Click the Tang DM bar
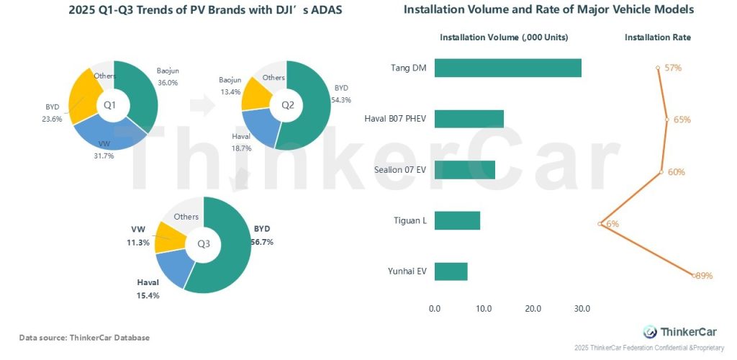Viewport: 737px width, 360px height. (x=507, y=68)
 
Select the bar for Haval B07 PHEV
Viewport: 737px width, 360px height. (x=469, y=119)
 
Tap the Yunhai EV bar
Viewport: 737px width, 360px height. (x=451, y=271)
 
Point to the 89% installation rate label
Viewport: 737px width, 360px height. (x=703, y=276)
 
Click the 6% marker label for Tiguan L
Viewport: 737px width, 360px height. (x=612, y=224)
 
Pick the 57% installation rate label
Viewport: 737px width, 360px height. (x=673, y=68)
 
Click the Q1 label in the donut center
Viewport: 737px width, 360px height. (x=110, y=105)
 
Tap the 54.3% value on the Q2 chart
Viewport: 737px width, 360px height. (x=341, y=99)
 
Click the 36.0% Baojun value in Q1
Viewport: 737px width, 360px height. (x=167, y=83)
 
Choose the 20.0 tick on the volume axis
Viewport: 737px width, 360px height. (x=533, y=309)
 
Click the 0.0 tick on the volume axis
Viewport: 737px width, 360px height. (x=435, y=309)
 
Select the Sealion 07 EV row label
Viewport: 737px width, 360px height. (x=398, y=170)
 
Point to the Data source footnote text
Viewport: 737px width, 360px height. (x=84, y=338)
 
